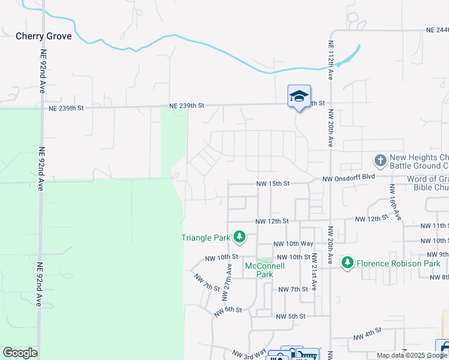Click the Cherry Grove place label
click(x=43, y=36)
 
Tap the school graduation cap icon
click(x=299, y=97)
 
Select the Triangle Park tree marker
click(x=240, y=238)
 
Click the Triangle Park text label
click(x=206, y=238)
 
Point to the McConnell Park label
click(x=259, y=270)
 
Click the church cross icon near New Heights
click(x=379, y=161)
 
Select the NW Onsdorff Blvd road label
click(x=348, y=179)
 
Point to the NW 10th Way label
click(x=294, y=244)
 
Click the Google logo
click(x=20, y=353)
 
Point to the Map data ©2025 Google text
click(x=412, y=355)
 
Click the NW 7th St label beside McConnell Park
click(x=294, y=289)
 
